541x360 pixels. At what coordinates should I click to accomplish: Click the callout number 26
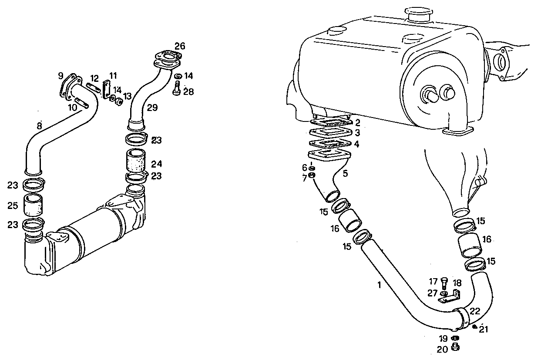tap(180, 46)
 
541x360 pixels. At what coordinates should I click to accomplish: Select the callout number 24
tap(156, 164)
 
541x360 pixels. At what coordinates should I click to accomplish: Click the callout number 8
tap(40, 127)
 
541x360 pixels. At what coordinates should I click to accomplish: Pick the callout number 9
tap(60, 76)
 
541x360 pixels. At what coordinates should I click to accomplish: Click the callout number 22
tap(475, 311)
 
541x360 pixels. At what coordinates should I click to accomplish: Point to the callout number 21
tap(484, 330)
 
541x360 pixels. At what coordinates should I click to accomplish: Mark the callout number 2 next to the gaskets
tap(357, 123)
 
